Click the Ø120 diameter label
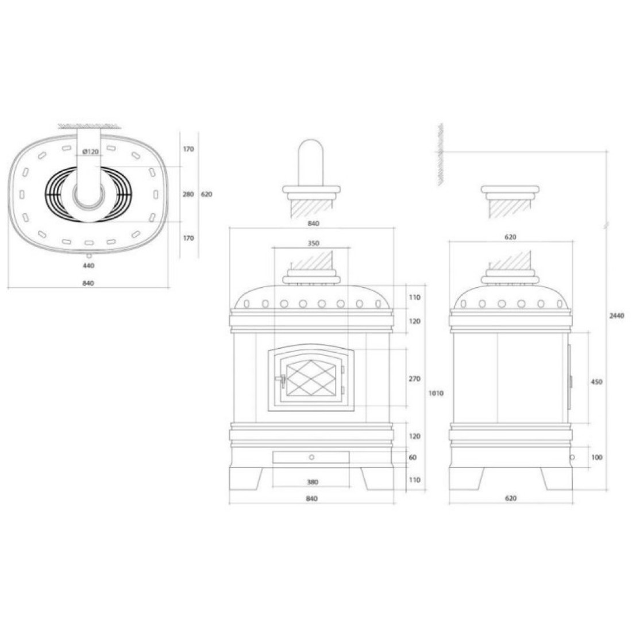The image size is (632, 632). (90, 152)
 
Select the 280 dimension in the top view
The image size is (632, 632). (188, 194)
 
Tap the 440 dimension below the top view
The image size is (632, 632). (88, 265)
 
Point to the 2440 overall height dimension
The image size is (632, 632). (616, 316)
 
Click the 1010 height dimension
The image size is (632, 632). (436, 393)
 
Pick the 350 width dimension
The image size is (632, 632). (313, 244)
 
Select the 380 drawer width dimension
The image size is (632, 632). (313, 482)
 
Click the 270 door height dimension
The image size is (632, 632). (414, 379)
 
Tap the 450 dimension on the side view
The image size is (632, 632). (596, 381)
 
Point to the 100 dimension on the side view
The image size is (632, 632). (596, 457)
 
